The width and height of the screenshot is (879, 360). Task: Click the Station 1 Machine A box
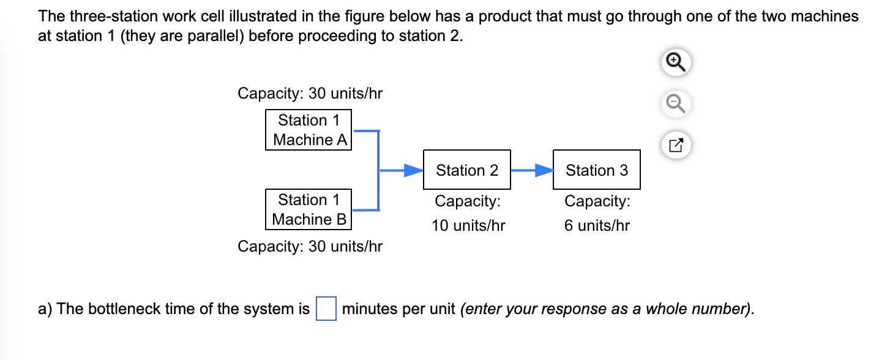(309, 130)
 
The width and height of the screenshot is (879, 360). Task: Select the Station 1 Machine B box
(309, 209)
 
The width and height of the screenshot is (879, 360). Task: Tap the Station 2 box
(466, 170)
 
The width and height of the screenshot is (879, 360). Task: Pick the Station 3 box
(596, 170)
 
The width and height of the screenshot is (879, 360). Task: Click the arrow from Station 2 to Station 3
(531, 170)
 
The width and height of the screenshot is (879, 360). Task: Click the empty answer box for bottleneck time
(326, 309)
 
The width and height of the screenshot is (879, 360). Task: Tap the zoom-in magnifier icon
(674, 62)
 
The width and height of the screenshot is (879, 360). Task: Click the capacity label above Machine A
(310, 94)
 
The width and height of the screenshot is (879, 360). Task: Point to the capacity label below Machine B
(310, 246)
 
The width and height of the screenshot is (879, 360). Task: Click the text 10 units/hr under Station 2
(468, 225)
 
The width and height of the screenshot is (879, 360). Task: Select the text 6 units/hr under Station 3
(597, 225)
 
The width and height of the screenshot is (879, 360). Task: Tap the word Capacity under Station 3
(597, 201)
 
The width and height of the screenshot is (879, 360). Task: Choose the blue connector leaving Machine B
(366, 210)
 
